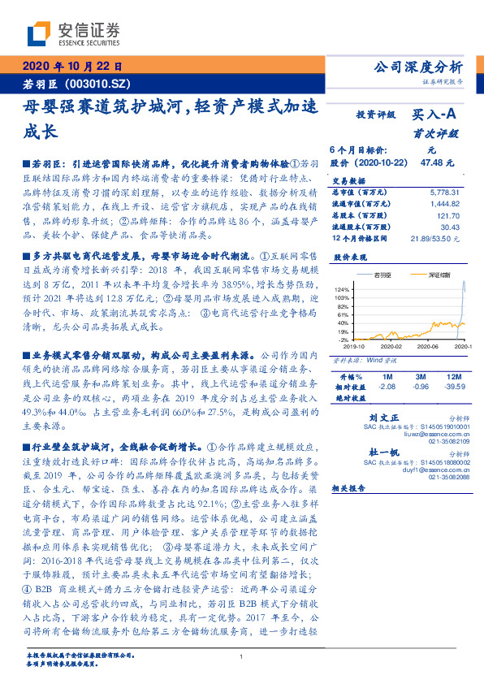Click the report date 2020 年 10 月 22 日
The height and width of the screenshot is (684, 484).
72,67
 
